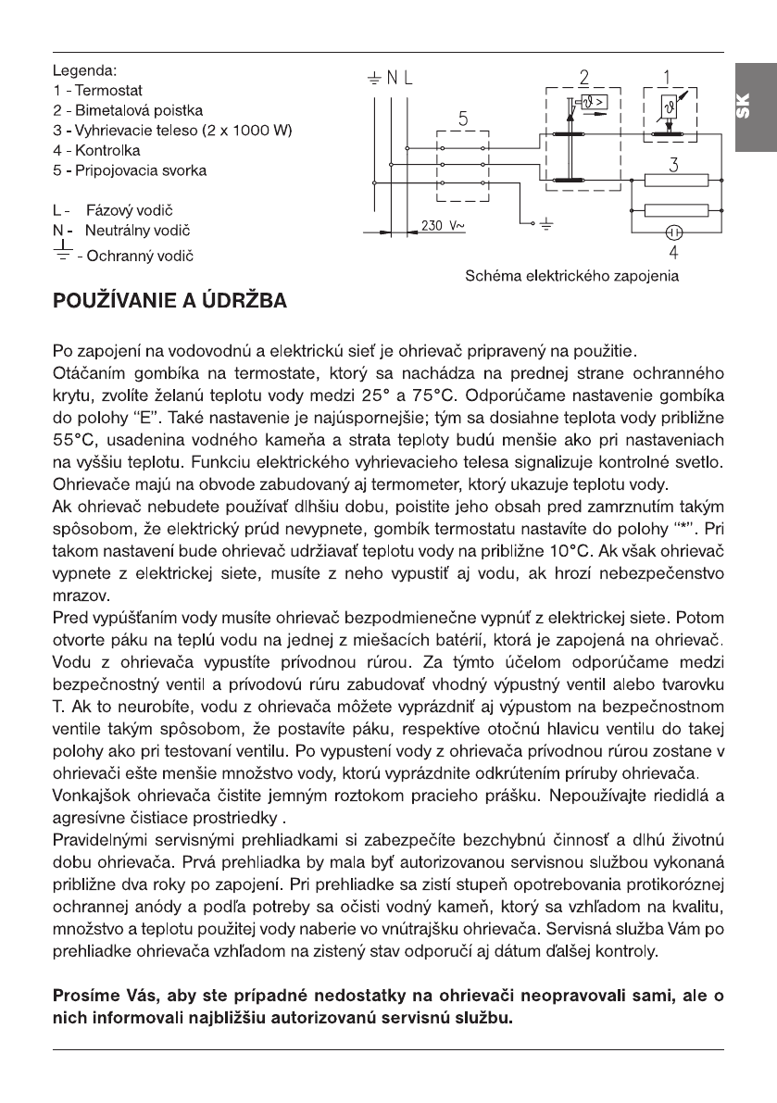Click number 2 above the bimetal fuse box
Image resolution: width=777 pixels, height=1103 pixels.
pos(583,74)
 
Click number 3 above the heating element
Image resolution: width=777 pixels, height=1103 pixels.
pos(675,166)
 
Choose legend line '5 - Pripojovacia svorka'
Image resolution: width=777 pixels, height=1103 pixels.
pos(131,170)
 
